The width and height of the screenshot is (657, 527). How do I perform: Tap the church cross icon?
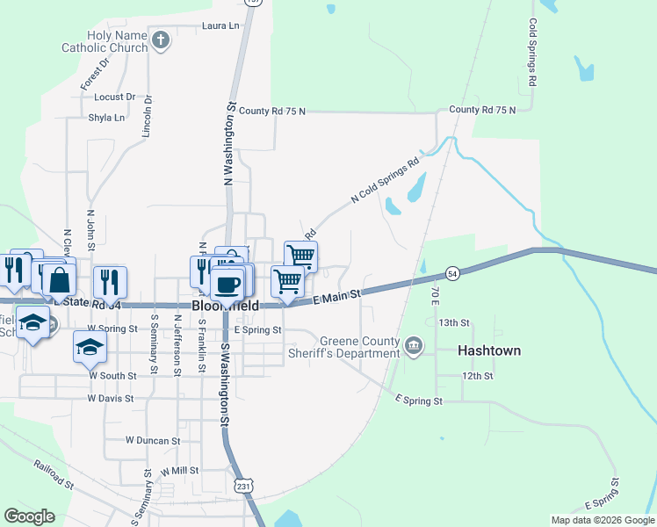161,40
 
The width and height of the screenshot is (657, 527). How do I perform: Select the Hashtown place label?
489,350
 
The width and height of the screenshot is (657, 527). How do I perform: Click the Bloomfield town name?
226,306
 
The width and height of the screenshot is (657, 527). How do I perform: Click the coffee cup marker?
227,284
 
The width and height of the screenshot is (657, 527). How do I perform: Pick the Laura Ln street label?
220,26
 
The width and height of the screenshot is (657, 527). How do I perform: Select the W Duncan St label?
153,440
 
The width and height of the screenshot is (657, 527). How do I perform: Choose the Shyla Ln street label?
106,117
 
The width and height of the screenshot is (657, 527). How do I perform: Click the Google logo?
29,516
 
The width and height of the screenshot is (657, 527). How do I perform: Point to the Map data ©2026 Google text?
602,520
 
